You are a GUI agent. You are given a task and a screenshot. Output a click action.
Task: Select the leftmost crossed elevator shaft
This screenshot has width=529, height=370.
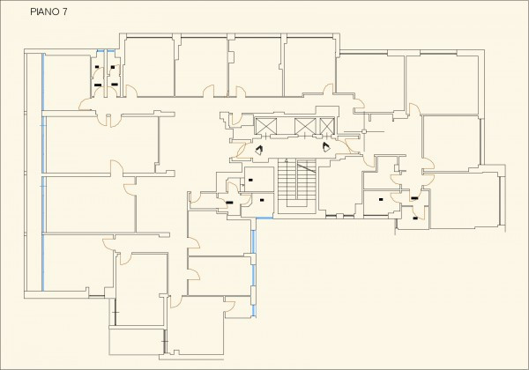click(264, 126)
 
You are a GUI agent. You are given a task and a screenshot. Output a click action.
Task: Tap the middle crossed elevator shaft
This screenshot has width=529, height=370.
click(305, 126)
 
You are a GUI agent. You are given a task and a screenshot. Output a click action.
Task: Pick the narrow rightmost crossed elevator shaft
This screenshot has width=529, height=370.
click(328, 126)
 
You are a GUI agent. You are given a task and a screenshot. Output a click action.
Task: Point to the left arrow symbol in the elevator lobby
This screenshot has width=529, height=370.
click(260, 150)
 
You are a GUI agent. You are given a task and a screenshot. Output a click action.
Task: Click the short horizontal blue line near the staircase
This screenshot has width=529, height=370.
click(263, 218)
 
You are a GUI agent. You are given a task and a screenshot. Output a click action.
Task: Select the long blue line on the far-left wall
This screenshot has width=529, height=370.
click(42, 167)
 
